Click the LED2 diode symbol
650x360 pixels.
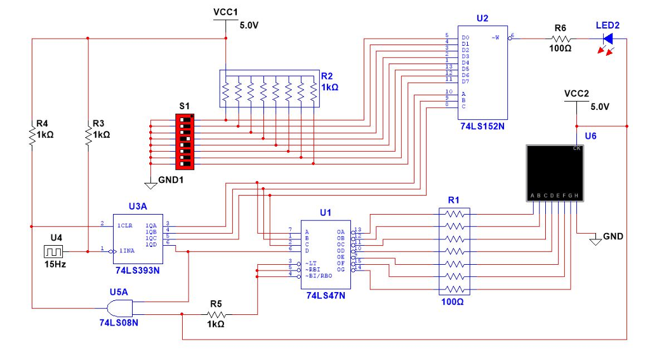pyautogui.click(x=607, y=39)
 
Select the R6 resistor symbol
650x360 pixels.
pyautogui.click(x=560, y=39)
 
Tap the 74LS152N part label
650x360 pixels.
pyautogui.click(x=482, y=126)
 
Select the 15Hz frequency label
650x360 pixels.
pyautogui.click(x=55, y=263)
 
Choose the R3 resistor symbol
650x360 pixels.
pyautogui.click(x=88, y=135)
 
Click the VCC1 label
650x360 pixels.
pyautogui.click(x=225, y=12)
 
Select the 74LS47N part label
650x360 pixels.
pyautogui.click(x=325, y=295)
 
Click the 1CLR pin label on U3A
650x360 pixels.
pyautogui.click(x=124, y=225)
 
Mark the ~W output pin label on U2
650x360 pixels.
pyautogui.click(x=496, y=37)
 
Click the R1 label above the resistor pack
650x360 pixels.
pyautogui.click(x=453, y=200)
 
